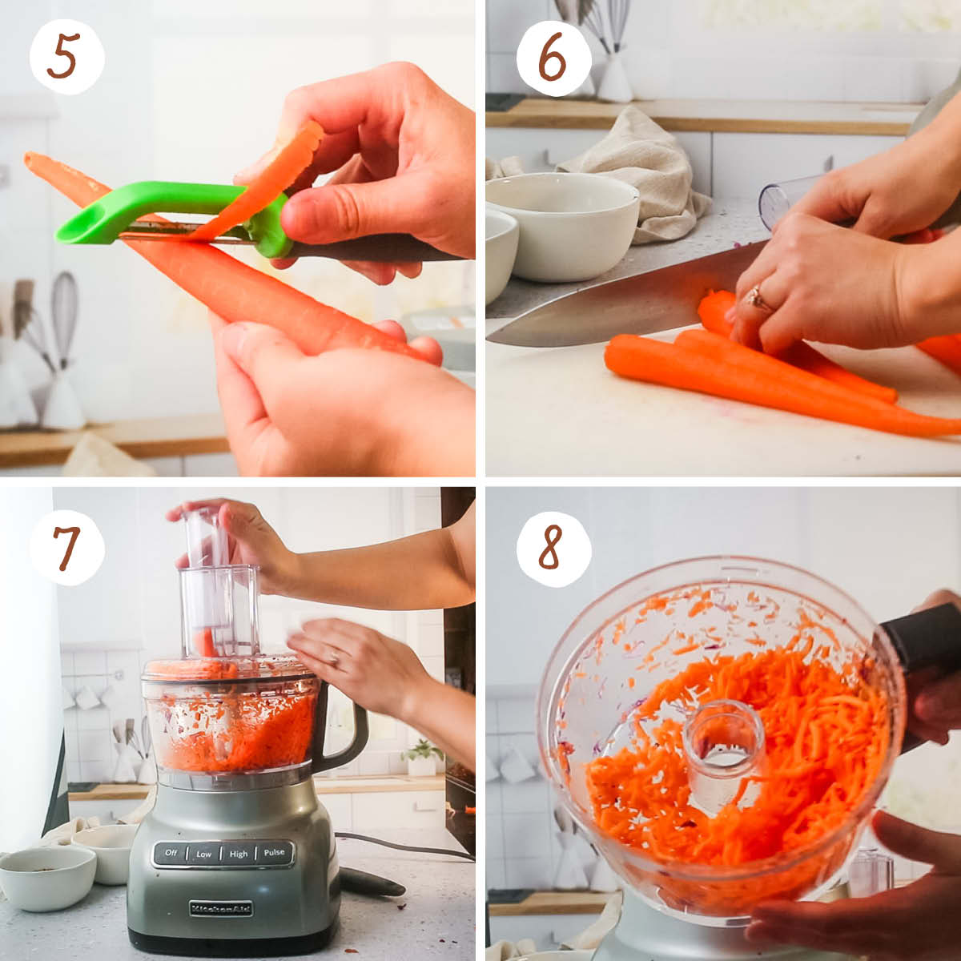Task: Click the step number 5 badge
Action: [67, 57]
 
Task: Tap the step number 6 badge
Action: [553, 57]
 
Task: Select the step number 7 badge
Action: [67, 548]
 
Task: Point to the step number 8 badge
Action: [553, 548]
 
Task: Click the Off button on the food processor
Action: [170, 854]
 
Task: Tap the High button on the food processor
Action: [239, 854]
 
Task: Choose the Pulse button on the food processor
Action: [274, 853]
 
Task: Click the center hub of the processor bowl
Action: [723, 745]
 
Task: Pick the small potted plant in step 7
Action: [421, 757]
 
